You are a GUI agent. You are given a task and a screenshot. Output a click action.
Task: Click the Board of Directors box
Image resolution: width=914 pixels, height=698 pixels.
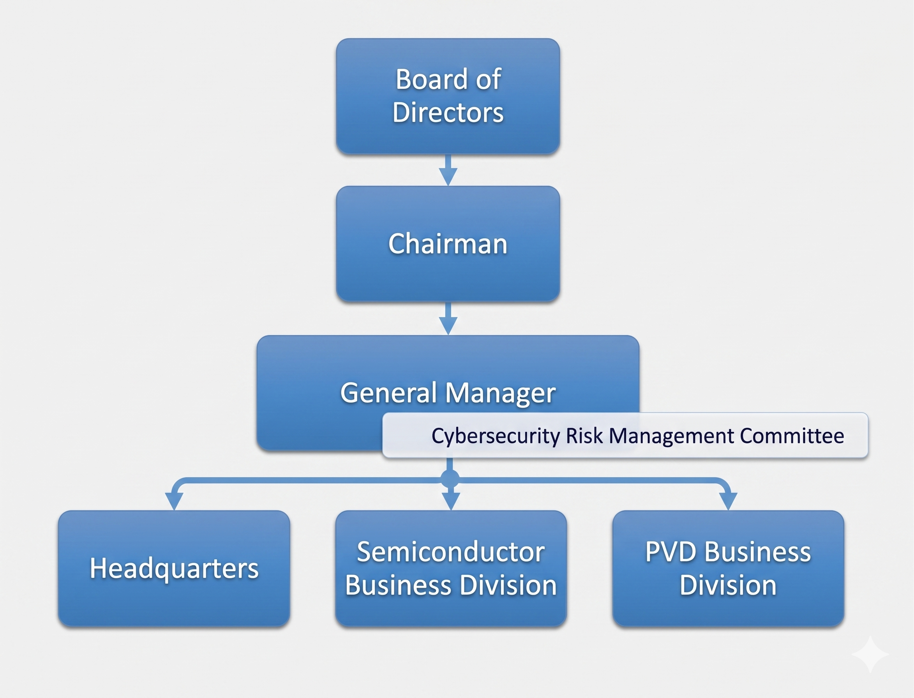tap(448, 96)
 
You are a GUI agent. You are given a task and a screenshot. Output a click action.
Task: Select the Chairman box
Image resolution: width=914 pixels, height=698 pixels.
tap(448, 244)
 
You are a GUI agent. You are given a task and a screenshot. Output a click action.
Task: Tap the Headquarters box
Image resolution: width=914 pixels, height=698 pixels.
tap(174, 568)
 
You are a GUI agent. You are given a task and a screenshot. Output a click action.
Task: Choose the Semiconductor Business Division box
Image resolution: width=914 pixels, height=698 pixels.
tap(451, 568)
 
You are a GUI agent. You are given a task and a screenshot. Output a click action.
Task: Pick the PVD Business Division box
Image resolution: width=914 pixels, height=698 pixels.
tap(728, 568)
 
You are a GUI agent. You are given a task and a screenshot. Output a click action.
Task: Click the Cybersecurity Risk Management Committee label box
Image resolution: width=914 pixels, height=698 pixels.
tap(625, 435)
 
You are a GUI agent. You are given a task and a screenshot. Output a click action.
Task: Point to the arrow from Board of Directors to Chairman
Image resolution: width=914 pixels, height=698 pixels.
tap(448, 171)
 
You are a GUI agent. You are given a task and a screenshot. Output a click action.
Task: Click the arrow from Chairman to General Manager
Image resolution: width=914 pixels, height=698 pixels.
tap(448, 319)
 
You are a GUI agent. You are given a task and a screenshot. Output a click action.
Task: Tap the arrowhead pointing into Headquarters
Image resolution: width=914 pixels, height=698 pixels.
tap(174, 501)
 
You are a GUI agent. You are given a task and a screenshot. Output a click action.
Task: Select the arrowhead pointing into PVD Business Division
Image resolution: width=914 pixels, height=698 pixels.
tap(728, 501)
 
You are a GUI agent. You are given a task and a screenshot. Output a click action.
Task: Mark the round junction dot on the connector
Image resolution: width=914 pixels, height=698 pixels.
tap(450, 479)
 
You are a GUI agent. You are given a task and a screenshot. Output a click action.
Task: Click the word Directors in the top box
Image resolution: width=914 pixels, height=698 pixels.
tap(448, 113)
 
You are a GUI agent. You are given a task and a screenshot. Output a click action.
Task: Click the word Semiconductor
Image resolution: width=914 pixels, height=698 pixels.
tap(451, 552)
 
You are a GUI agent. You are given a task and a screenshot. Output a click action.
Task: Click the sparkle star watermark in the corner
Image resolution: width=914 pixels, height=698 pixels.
tap(870, 654)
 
